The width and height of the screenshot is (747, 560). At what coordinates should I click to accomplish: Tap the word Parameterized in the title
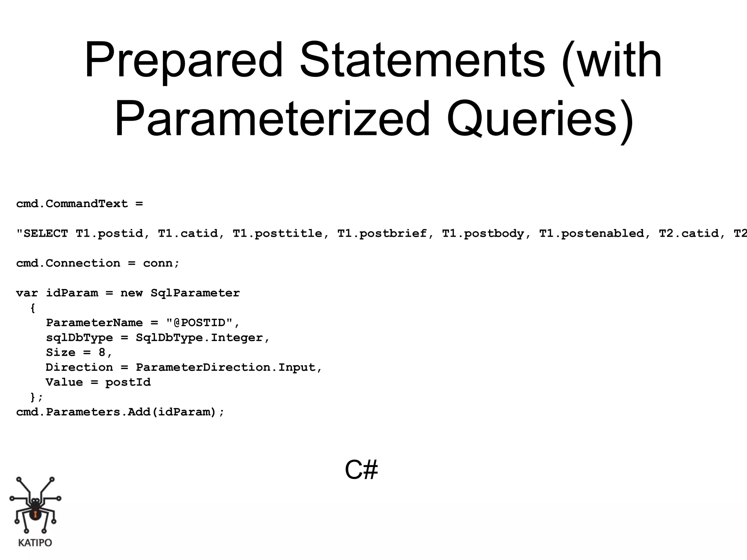(272, 119)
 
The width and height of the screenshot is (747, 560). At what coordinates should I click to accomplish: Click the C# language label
(361, 470)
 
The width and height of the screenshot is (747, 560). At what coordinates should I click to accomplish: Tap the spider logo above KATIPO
(35, 505)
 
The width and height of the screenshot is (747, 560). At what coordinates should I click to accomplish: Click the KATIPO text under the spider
(35, 543)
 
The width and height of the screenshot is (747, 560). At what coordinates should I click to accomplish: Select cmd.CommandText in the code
(72, 203)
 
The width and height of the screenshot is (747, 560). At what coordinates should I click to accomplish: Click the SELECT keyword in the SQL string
(46, 233)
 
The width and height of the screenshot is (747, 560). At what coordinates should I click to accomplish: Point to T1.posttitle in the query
(278, 233)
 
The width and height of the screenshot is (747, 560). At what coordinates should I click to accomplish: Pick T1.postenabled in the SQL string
(592, 233)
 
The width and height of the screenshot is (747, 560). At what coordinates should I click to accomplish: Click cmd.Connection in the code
(68, 263)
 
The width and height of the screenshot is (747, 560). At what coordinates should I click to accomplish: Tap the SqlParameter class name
(195, 293)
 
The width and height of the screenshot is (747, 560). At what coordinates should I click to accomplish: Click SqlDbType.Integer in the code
(200, 338)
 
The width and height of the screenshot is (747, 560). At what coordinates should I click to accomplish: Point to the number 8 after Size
(102, 353)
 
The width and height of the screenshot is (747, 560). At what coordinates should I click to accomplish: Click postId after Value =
(128, 382)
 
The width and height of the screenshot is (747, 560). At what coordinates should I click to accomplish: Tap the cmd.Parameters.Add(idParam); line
(120, 412)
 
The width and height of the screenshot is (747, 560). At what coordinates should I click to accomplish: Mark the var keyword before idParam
(27, 293)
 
